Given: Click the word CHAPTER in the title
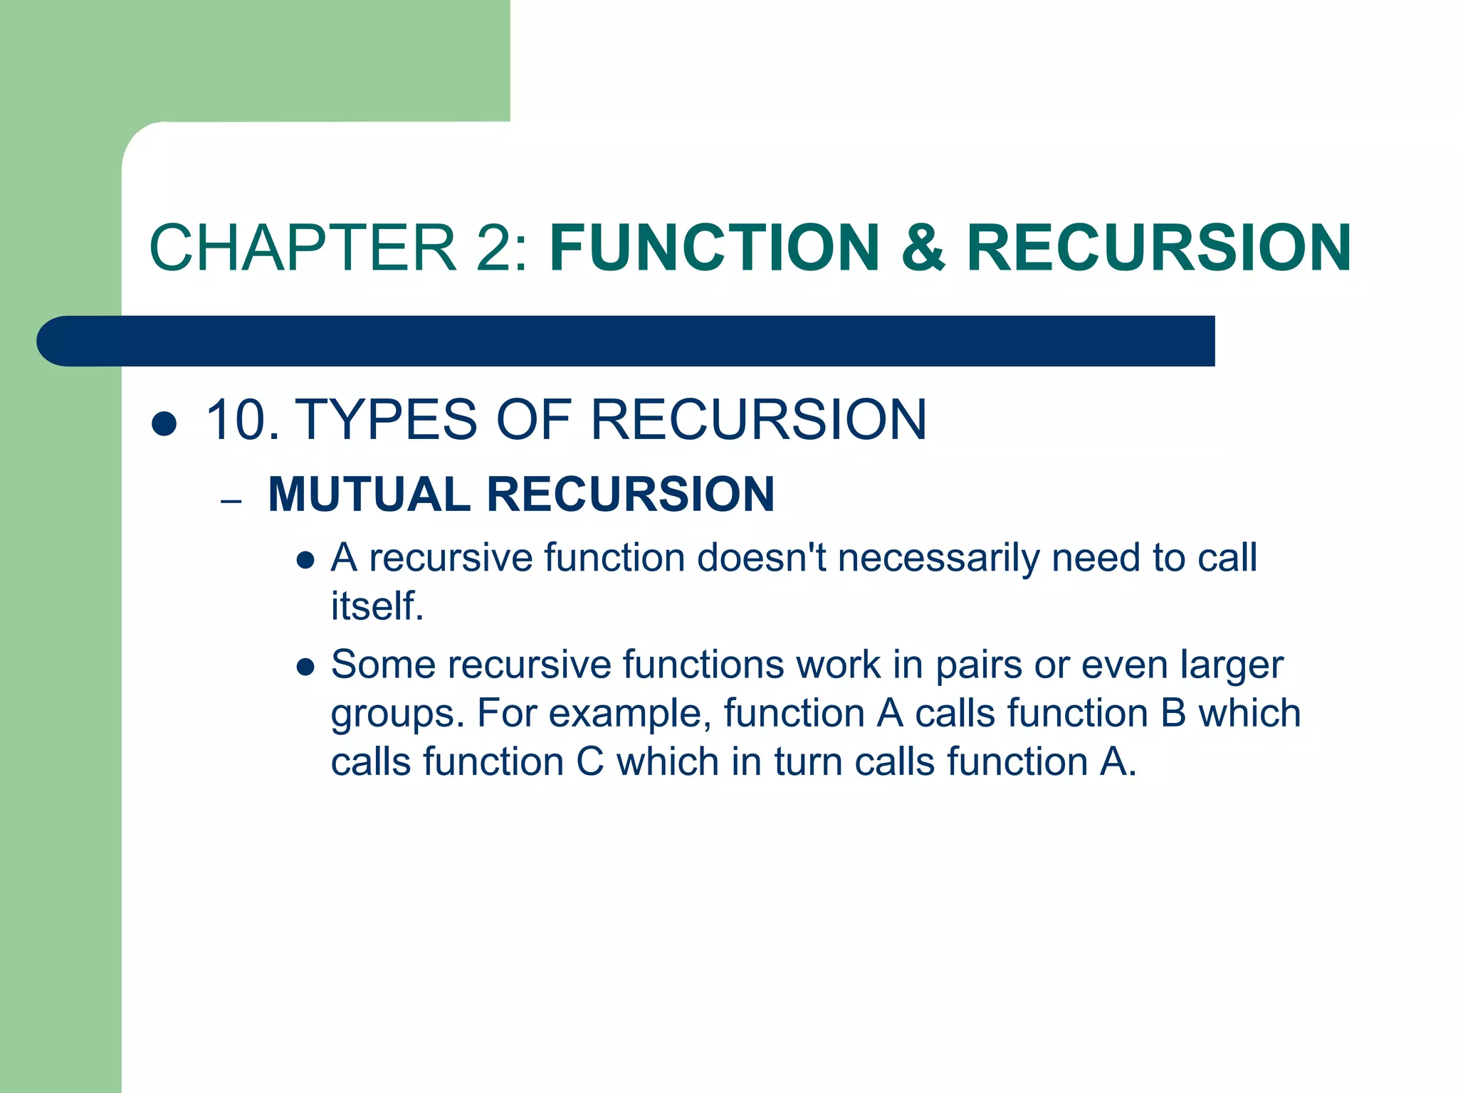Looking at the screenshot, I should coord(303,248).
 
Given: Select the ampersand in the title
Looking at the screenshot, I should coord(923,248).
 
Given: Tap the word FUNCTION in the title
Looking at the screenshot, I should coord(715,248).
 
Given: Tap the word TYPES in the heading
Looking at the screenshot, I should coord(385,420).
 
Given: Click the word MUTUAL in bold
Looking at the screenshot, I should coord(369,494).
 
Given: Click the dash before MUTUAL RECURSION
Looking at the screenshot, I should coord(231,502).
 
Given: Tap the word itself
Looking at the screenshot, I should coord(377,606).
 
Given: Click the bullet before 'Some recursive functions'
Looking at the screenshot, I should coord(305,667).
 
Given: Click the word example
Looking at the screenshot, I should coord(629,714).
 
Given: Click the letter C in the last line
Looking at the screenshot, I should coord(589,761).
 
